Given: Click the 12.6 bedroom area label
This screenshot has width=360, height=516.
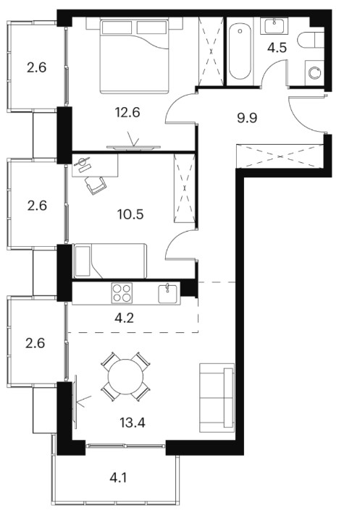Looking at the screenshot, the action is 127,113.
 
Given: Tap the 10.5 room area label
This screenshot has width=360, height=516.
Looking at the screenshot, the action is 130,214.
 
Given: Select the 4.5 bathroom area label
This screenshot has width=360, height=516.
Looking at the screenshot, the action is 277,48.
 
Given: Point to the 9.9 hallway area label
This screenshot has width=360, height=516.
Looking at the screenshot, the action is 247,117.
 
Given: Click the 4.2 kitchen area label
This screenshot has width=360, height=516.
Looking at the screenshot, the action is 125,318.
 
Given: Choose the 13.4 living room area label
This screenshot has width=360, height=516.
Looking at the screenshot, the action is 133,423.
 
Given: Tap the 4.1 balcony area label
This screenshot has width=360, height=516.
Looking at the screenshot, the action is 118,478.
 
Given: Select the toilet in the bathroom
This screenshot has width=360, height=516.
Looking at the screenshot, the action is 311,41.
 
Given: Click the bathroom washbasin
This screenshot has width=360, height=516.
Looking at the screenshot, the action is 274,26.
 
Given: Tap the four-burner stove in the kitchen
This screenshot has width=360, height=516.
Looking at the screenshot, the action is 122,293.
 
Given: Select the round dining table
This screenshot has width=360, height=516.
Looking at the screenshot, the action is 126,376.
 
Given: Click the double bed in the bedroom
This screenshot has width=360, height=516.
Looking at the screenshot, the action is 134,56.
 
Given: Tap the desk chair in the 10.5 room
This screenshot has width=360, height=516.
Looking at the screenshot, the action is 96,185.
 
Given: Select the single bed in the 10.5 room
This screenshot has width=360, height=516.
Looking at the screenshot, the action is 109,261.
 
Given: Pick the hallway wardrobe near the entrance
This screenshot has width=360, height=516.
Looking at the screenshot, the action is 280,156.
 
